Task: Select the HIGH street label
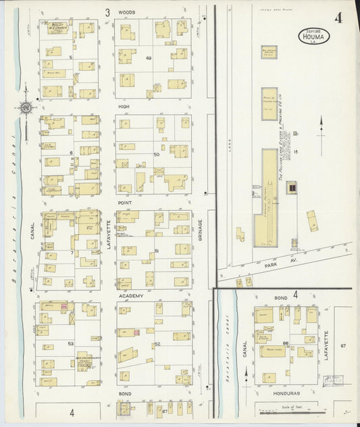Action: click(124, 106)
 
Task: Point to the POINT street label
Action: click(125, 202)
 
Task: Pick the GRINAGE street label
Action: click(201, 229)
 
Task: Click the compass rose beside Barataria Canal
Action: click(26, 107)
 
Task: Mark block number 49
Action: click(148, 58)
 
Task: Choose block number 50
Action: click(156, 155)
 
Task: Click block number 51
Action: click(157, 251)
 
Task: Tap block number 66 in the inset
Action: click(286, 344)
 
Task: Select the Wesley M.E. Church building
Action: click(58, 28)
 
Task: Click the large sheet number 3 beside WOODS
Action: click(107, 12)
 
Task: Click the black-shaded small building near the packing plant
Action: click(292, 190)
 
